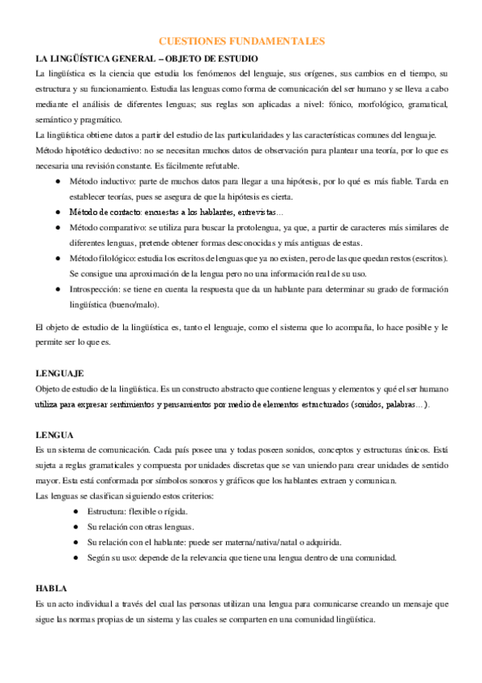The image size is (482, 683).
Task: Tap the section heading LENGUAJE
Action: coord(60,374)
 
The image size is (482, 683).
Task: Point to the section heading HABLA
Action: coord(51,588)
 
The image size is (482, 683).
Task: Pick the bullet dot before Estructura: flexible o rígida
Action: coord(75,511)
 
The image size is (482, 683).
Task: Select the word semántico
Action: coord(56,118)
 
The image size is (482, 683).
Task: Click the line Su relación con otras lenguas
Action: coord(141,527)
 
